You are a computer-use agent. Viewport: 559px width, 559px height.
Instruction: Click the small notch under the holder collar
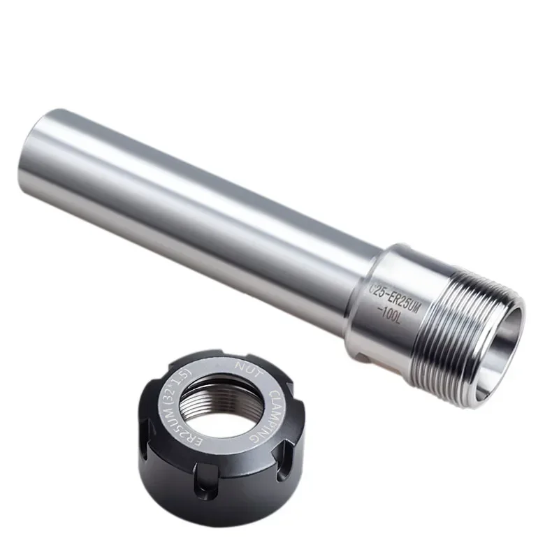click(x=364, y=357)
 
